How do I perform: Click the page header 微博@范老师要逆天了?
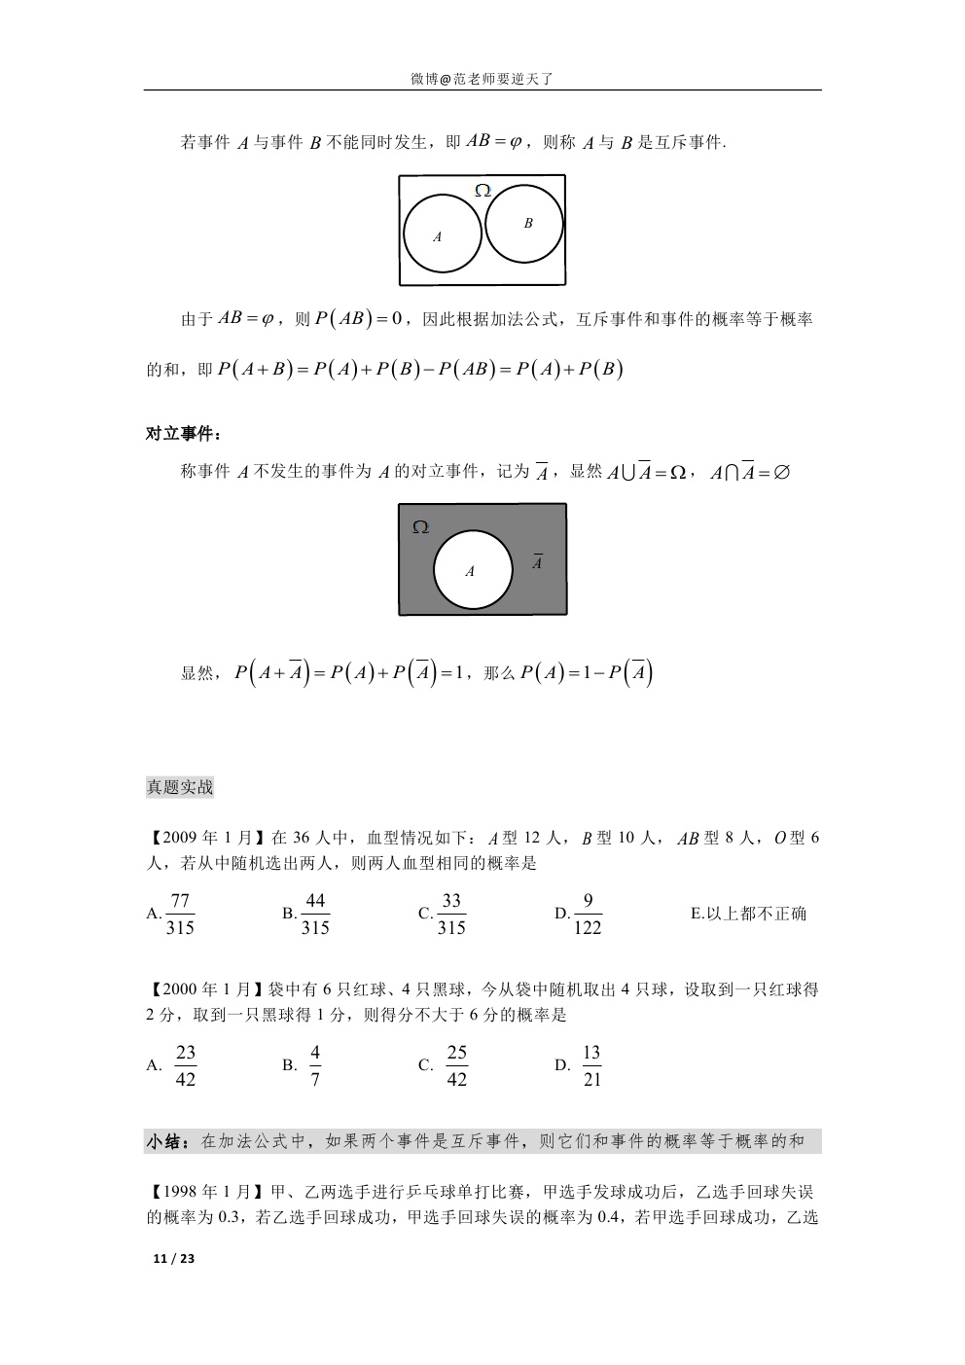(x=482, y=80)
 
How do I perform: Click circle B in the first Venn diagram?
(x=524, y=224)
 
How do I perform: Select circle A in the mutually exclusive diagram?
(x=442, y=234)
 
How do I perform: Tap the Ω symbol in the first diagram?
(x=482, y=191)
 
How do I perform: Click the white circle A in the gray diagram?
(x=473, y=570)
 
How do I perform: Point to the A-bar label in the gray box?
(x=537, y=562)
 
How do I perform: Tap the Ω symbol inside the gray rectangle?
(x=420, y=527)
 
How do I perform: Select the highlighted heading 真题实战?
(x=180, y=787)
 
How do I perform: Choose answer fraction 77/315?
(x=180, y=914)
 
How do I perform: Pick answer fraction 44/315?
(x=315, y=914)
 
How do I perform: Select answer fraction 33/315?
(x=451, y=914)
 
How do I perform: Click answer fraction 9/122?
(x=588, y=914)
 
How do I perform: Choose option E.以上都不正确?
(x=748, y=914)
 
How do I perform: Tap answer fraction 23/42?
(x=185, y=1065)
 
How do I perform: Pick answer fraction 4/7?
(x=315, y=1065)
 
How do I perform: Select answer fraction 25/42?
(x=456, y=1065)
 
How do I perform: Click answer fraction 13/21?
(x=591, y=1065)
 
